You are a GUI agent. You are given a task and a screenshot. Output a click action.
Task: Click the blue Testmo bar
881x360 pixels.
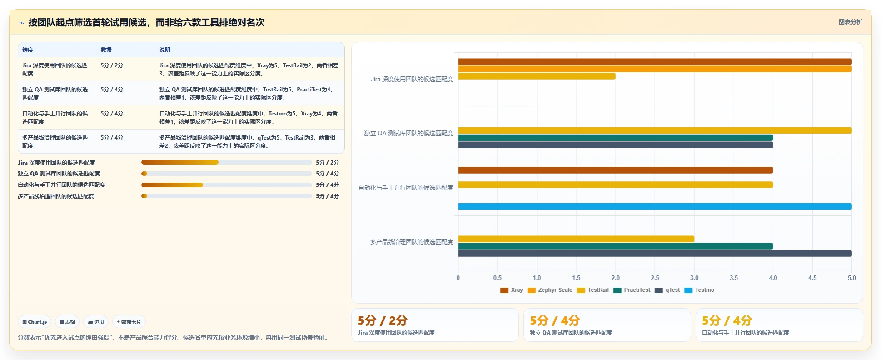point(655,206)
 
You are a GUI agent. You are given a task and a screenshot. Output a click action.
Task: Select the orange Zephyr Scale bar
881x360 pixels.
point(655,69)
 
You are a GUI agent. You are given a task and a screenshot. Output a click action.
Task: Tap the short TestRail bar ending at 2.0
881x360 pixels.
point(537,76)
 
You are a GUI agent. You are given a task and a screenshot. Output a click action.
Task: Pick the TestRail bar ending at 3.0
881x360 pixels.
point(576,239)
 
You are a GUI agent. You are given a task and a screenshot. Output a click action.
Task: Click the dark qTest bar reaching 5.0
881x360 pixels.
point(655,254)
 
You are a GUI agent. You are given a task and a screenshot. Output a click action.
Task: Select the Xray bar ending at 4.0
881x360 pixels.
point(615,170)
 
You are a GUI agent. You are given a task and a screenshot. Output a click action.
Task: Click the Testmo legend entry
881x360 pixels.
point(699,290)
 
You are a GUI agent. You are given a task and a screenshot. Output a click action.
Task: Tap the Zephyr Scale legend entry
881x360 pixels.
point(550,290)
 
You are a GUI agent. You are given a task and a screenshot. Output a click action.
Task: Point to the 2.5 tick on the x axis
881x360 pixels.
point(655,278)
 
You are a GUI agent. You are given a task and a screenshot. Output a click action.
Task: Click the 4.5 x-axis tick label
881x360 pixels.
point(812,278)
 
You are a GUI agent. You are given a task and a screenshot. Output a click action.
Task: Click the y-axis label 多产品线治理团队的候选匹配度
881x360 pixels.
point(411,242)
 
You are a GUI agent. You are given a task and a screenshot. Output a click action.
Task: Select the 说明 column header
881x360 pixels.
point(164,50)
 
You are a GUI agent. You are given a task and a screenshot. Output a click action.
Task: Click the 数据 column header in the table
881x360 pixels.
point(106,50)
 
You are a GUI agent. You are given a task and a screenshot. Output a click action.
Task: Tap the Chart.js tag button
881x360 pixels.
point(35,322)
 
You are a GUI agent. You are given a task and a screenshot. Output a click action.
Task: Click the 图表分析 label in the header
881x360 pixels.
point(850,22)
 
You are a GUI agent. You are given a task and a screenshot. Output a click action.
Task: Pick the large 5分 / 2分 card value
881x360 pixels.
point(383,320)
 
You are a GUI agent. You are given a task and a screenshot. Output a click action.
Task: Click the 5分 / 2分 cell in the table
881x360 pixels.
point(112,65)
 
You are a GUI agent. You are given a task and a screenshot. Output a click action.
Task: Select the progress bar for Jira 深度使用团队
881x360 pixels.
point(226,162)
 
